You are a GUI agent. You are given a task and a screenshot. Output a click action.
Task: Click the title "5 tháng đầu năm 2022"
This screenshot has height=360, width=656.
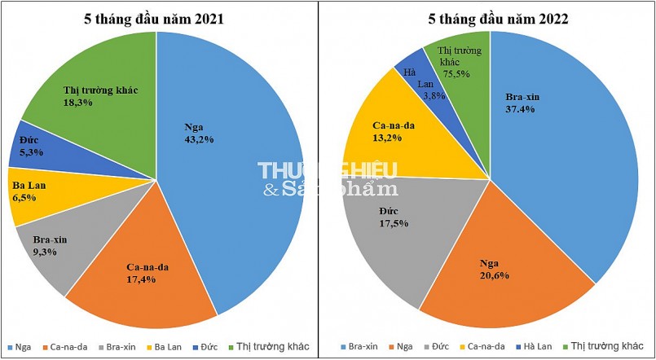coord(491,17)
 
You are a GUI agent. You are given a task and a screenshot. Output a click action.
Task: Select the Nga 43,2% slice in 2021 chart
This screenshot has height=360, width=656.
coord(236,163)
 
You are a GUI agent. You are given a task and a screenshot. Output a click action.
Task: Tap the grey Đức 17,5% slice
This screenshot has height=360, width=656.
coord(391,228)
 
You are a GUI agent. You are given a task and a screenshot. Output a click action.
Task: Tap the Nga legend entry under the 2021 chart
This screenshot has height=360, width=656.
coord(24,345)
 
